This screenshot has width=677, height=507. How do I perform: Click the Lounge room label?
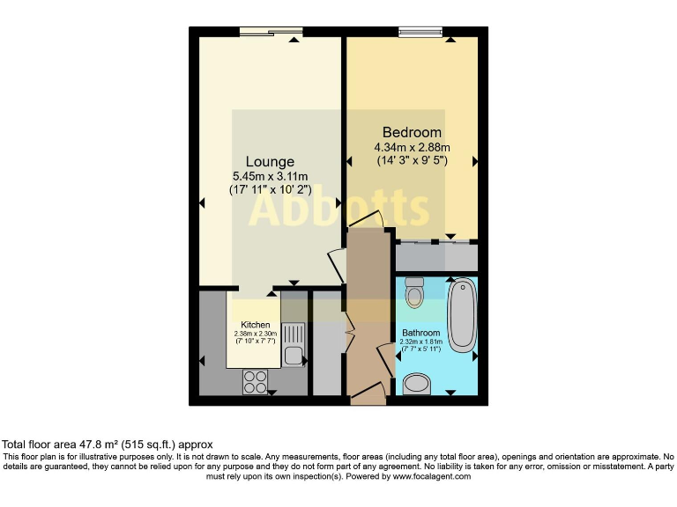point(270,162)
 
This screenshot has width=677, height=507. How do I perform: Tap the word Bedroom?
point(412,133)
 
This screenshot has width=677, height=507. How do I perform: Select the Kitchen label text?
point(255,325)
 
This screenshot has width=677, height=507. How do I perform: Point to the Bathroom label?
point(420,333)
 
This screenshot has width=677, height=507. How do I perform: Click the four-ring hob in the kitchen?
point(255,381)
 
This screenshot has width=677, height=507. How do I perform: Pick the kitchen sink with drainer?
point(293,344)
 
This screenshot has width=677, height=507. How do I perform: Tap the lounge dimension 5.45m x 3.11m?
point(270,176)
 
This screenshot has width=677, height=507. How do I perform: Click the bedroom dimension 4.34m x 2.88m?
point(412,147)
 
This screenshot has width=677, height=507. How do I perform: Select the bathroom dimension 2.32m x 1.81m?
point(420,342)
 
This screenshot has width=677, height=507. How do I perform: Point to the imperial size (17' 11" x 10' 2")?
point(270,190)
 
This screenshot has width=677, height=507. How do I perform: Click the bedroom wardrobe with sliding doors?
point(436,255)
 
